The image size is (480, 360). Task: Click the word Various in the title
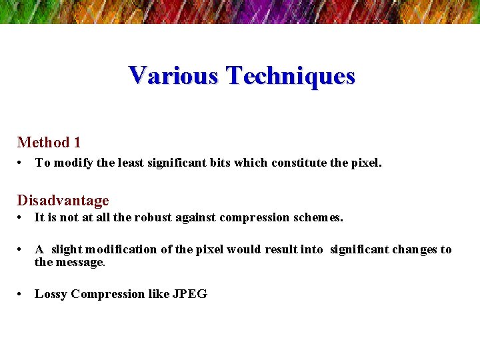173,75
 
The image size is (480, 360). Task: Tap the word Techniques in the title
290,75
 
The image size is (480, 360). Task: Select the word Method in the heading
43,142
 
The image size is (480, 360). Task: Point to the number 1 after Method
77,142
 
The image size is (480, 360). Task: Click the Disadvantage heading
63,201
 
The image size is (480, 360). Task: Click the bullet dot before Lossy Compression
22,294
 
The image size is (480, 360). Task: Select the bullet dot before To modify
22,163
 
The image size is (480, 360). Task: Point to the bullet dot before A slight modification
22,249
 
